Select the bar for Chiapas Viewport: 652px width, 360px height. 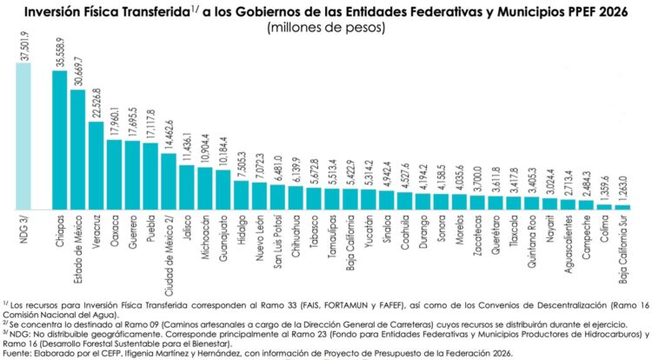60,140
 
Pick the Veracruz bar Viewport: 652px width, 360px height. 96,165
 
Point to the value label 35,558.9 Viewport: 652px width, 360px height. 60,54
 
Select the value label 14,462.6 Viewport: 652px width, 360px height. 170,138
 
